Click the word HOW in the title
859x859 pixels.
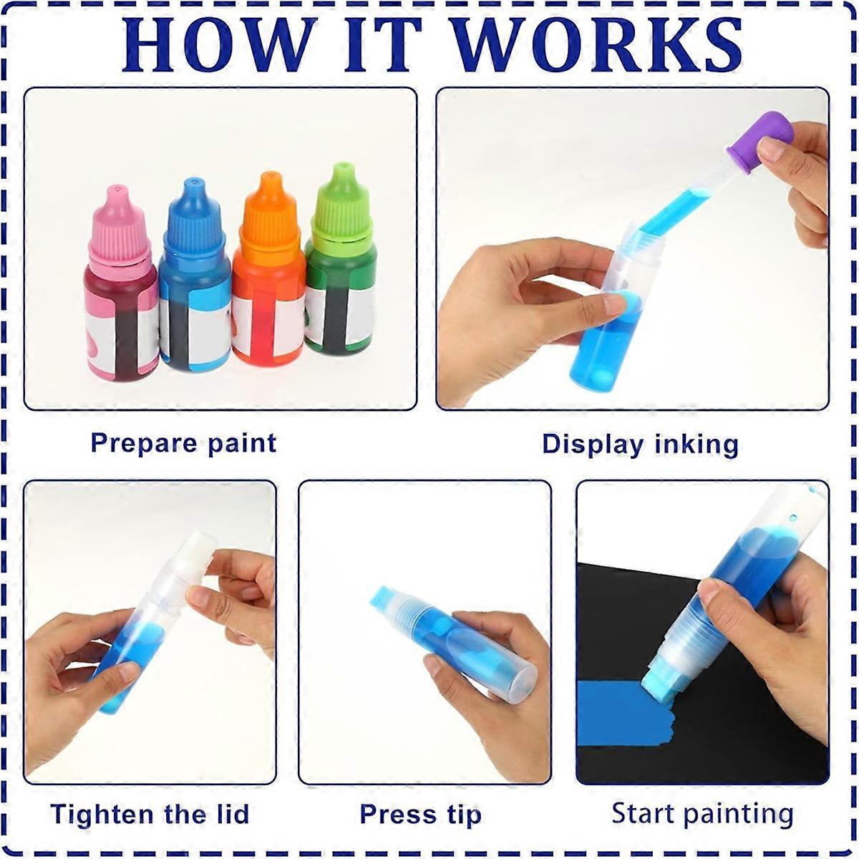coord(218,44)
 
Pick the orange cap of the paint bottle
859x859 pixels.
coord(270,210)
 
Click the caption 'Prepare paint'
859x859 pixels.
coord(183,443)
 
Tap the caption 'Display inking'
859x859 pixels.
coord(640,444)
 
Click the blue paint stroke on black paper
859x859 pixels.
coord(624,719)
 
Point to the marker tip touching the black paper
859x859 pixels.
coord(660,689)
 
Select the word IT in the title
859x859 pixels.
coord(384,44)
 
